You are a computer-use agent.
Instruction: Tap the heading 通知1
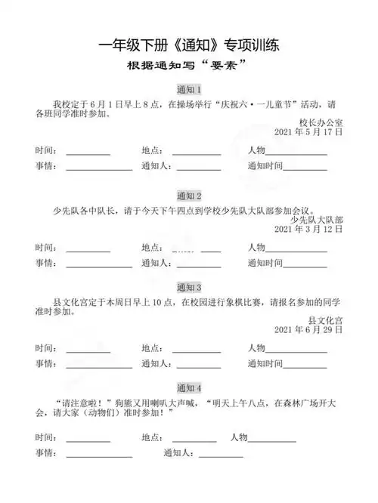click(x=188, y=89)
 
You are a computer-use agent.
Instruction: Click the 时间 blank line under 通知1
click(x=88, y=154)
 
